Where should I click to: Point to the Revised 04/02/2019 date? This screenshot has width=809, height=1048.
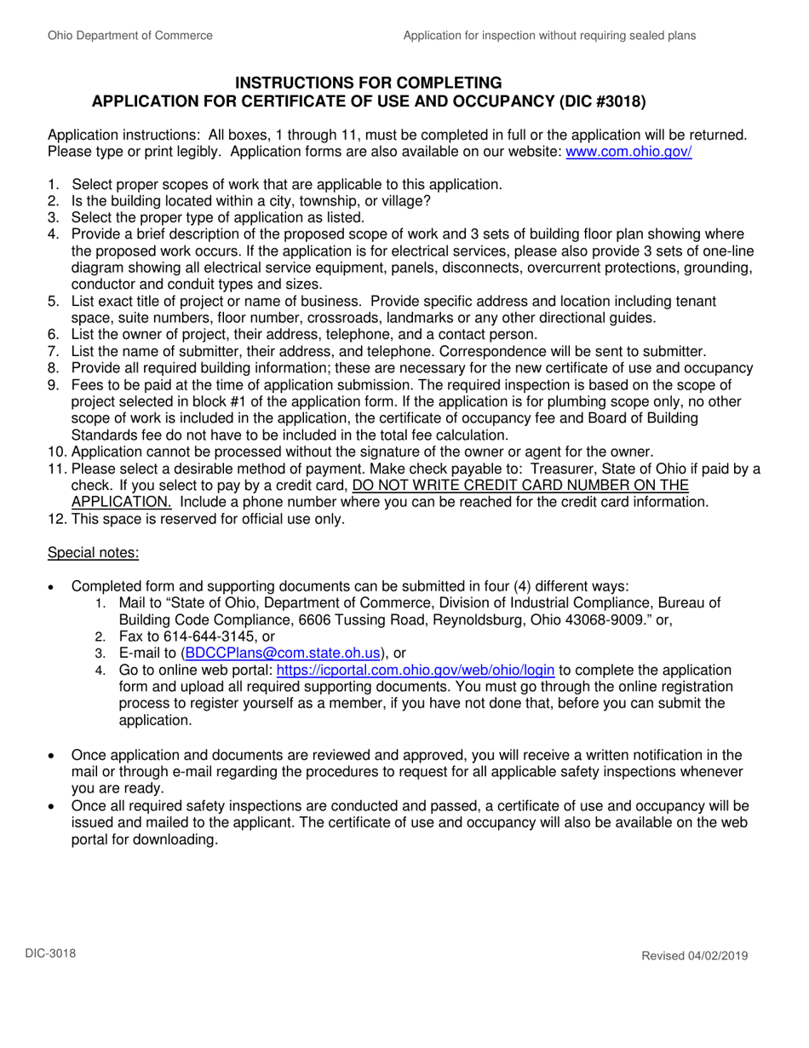pos(694,956)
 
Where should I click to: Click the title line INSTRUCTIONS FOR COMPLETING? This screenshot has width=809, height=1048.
pos(368,83)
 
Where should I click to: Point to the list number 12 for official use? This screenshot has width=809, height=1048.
pos(55,519)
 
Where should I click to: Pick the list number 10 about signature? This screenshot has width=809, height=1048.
pos(55,451)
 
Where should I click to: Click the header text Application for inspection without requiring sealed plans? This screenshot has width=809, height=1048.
pos(549,36)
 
